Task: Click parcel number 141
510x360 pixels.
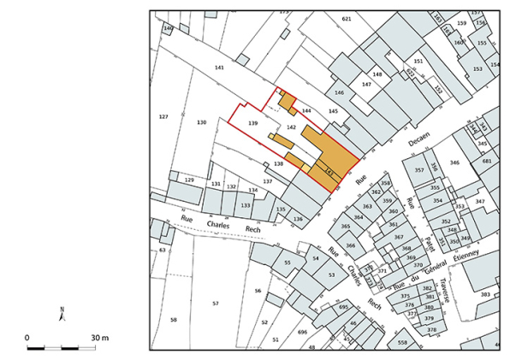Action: pos(219,68)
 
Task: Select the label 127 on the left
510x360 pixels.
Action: pos(163,116)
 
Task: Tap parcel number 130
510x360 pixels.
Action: pos(202,123)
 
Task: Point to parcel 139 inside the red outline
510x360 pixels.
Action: pos(252,124)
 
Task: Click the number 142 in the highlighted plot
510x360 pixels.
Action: pos(291,127)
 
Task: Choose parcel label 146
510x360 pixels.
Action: pos(339,92)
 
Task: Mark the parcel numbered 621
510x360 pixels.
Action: pos(346,19)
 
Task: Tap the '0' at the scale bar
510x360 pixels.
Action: pos(27,338)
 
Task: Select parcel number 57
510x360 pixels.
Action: pos(216,304)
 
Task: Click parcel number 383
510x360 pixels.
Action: pos(485,295)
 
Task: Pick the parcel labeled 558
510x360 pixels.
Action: pos(401,342)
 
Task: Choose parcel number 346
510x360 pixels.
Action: pos(454,162)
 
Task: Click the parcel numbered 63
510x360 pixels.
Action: pos(162,251)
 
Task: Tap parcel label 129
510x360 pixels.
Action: pos(189,180)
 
